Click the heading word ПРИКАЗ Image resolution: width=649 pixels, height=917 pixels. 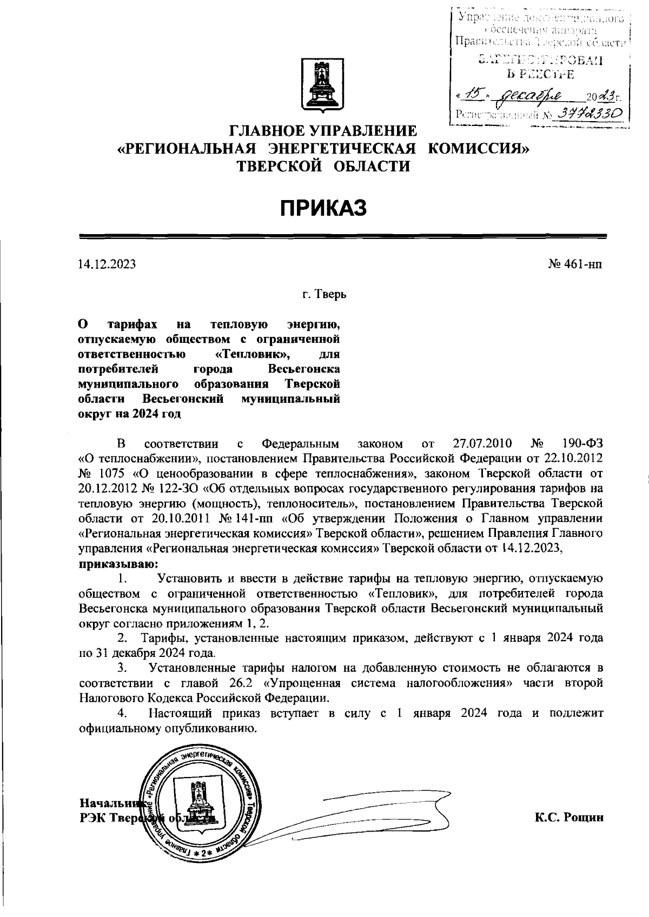(323, 208)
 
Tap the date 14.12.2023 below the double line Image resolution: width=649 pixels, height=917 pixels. (107, 264)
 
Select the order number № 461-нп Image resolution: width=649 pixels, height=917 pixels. (575, 264)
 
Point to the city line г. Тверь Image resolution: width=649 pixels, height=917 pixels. (324, 295)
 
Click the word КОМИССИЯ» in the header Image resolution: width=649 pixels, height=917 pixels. (478, 148)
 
